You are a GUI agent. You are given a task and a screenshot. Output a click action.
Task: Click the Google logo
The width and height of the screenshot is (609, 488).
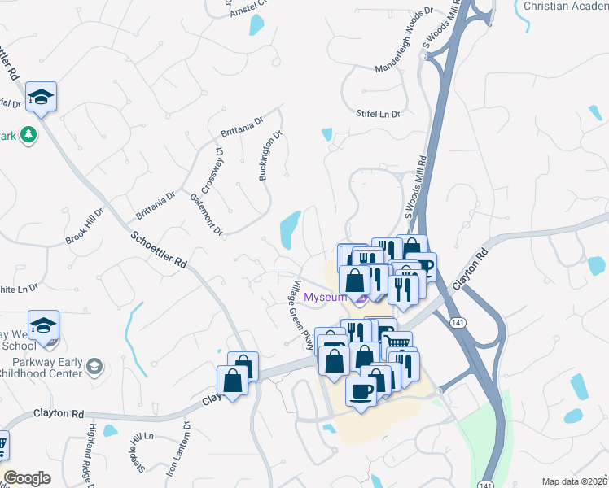point(27,478)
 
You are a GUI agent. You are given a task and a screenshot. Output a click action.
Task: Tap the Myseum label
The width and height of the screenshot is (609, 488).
point(325,297)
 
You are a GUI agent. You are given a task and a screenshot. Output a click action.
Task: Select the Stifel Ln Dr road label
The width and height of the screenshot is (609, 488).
point(379,115)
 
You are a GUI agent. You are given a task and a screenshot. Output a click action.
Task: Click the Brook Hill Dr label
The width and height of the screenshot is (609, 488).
point(85,228)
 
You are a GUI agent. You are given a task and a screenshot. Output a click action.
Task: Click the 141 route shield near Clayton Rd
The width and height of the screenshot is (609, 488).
point(455,320)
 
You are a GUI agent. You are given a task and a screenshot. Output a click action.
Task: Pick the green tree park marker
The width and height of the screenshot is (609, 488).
point(29,134)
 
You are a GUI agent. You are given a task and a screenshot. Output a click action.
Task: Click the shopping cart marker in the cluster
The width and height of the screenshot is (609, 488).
point(397,343)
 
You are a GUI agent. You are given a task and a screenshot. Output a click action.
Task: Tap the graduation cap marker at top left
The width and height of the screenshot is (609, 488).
point(40,98)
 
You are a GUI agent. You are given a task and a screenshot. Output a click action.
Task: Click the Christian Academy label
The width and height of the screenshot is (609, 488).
point(566,7)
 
